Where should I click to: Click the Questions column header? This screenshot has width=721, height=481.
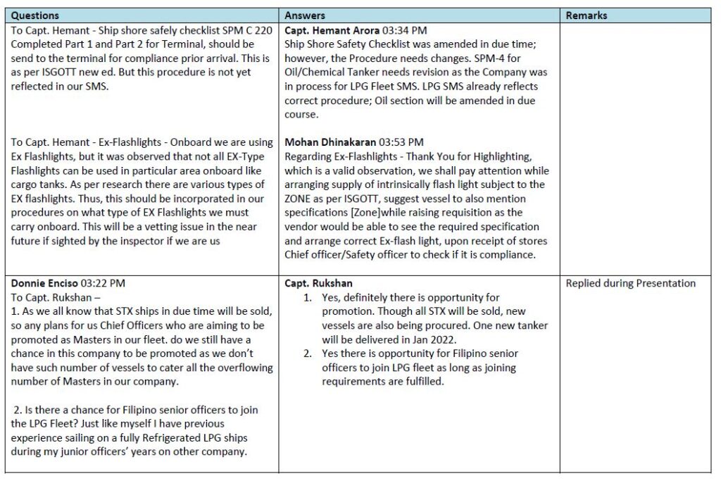click(x=35, y=15)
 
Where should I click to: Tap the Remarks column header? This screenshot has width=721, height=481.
click(x=587, y=15)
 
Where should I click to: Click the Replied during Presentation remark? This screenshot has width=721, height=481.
click(x=630, y=283)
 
